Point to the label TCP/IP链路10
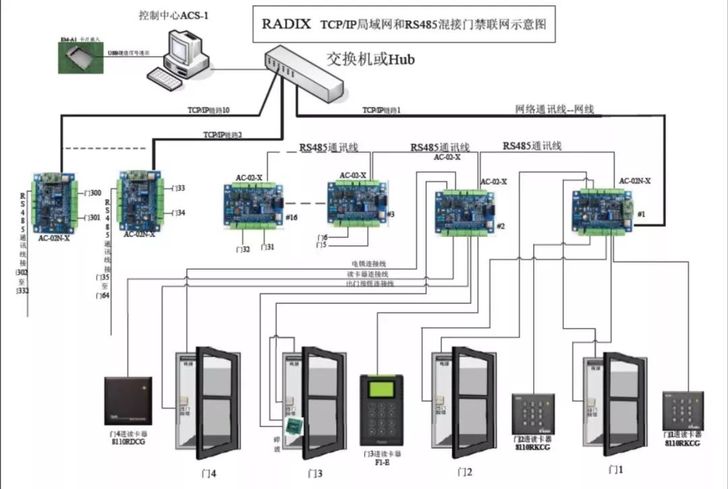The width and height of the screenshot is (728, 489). pos(208,109)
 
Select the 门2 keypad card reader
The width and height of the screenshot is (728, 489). pos(532,414)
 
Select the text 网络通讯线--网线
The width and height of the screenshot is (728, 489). pos(554,109)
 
